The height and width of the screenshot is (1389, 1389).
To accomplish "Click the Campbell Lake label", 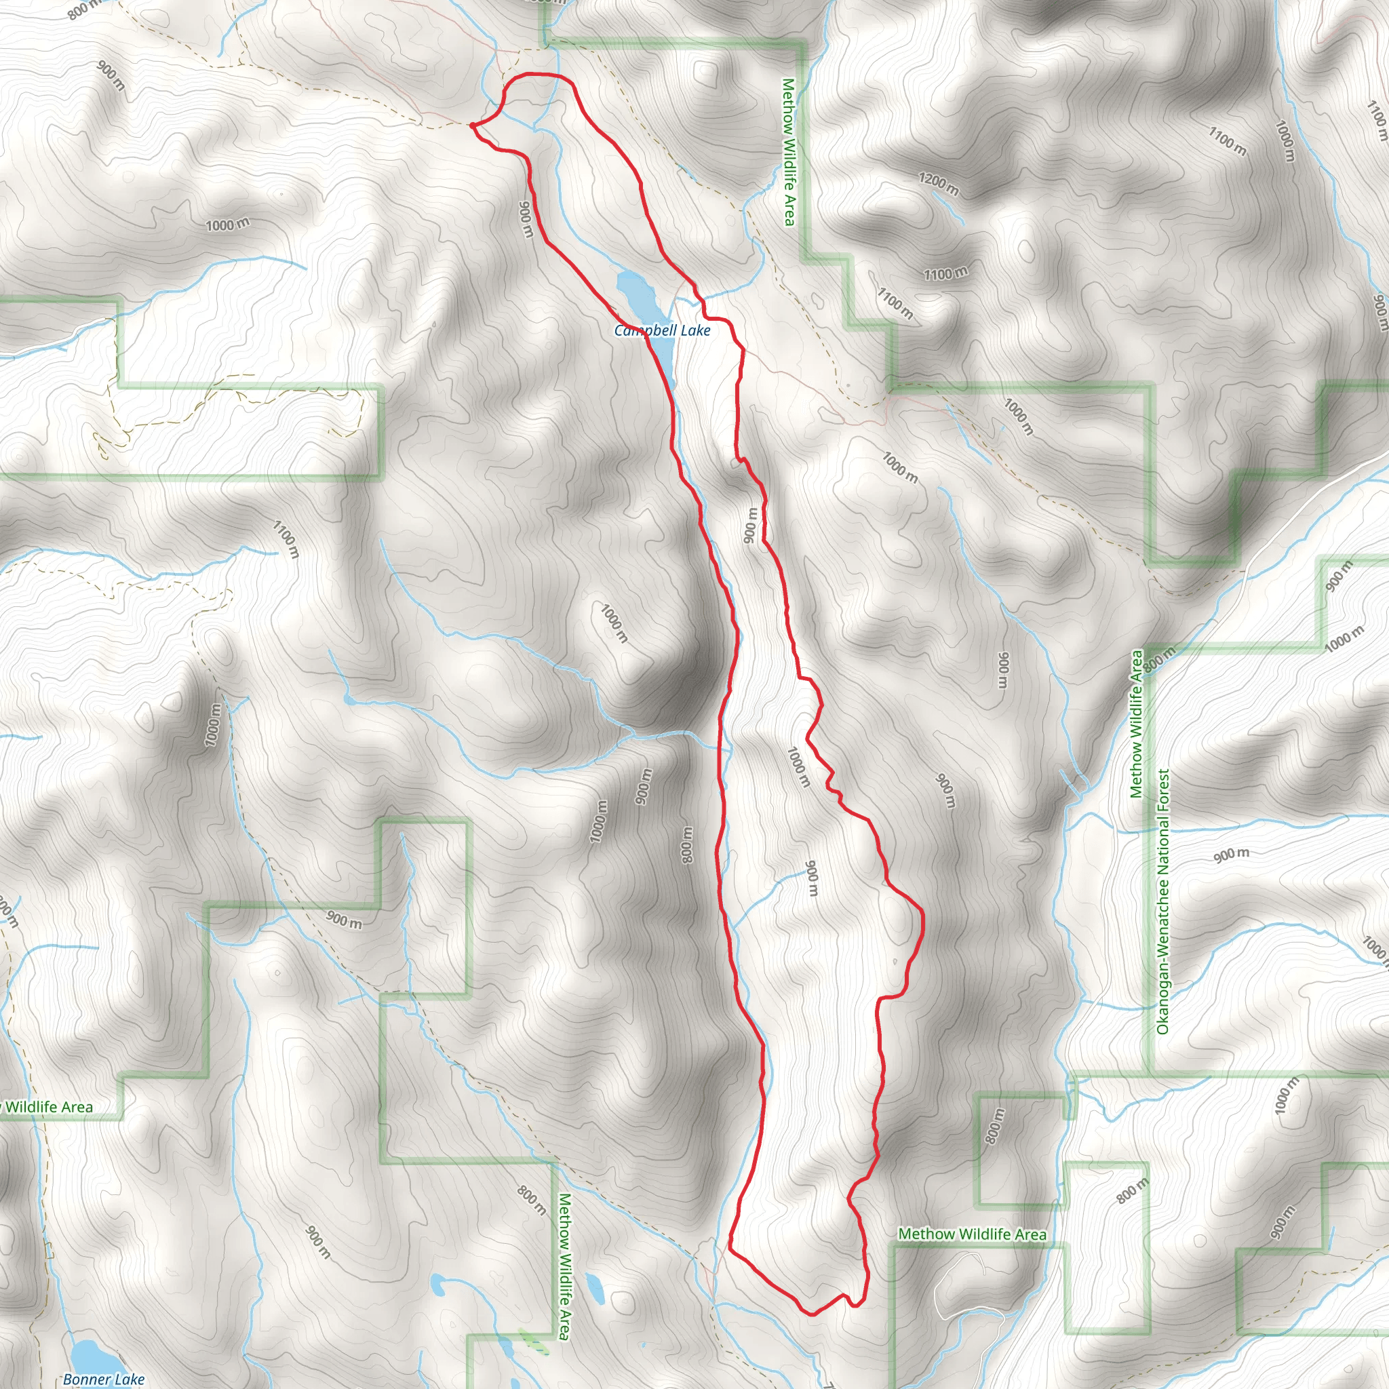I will (x=661, y=331).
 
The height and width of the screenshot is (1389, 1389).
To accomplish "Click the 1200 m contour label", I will (x=938, y=184).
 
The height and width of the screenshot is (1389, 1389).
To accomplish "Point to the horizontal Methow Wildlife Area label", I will (x=972, y=1234).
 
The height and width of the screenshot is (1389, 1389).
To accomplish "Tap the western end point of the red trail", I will (x=472, y=125).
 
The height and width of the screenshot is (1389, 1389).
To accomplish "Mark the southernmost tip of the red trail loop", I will (x=811, y=1314).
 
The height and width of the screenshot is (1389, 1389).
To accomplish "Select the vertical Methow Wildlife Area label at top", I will (x=789, y=153).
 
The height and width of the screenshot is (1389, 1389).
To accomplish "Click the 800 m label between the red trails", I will (x=687, y=845).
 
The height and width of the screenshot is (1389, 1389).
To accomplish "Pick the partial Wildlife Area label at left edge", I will (x=47, y=1107).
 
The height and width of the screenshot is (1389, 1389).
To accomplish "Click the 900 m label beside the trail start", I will (x=526, y=218).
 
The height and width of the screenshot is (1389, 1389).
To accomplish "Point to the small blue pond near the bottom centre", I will (x=594, y=1287).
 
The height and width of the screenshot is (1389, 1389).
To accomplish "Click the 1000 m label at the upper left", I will (x=228, y=224).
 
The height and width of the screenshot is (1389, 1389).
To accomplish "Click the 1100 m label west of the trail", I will (x=286, y=539).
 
